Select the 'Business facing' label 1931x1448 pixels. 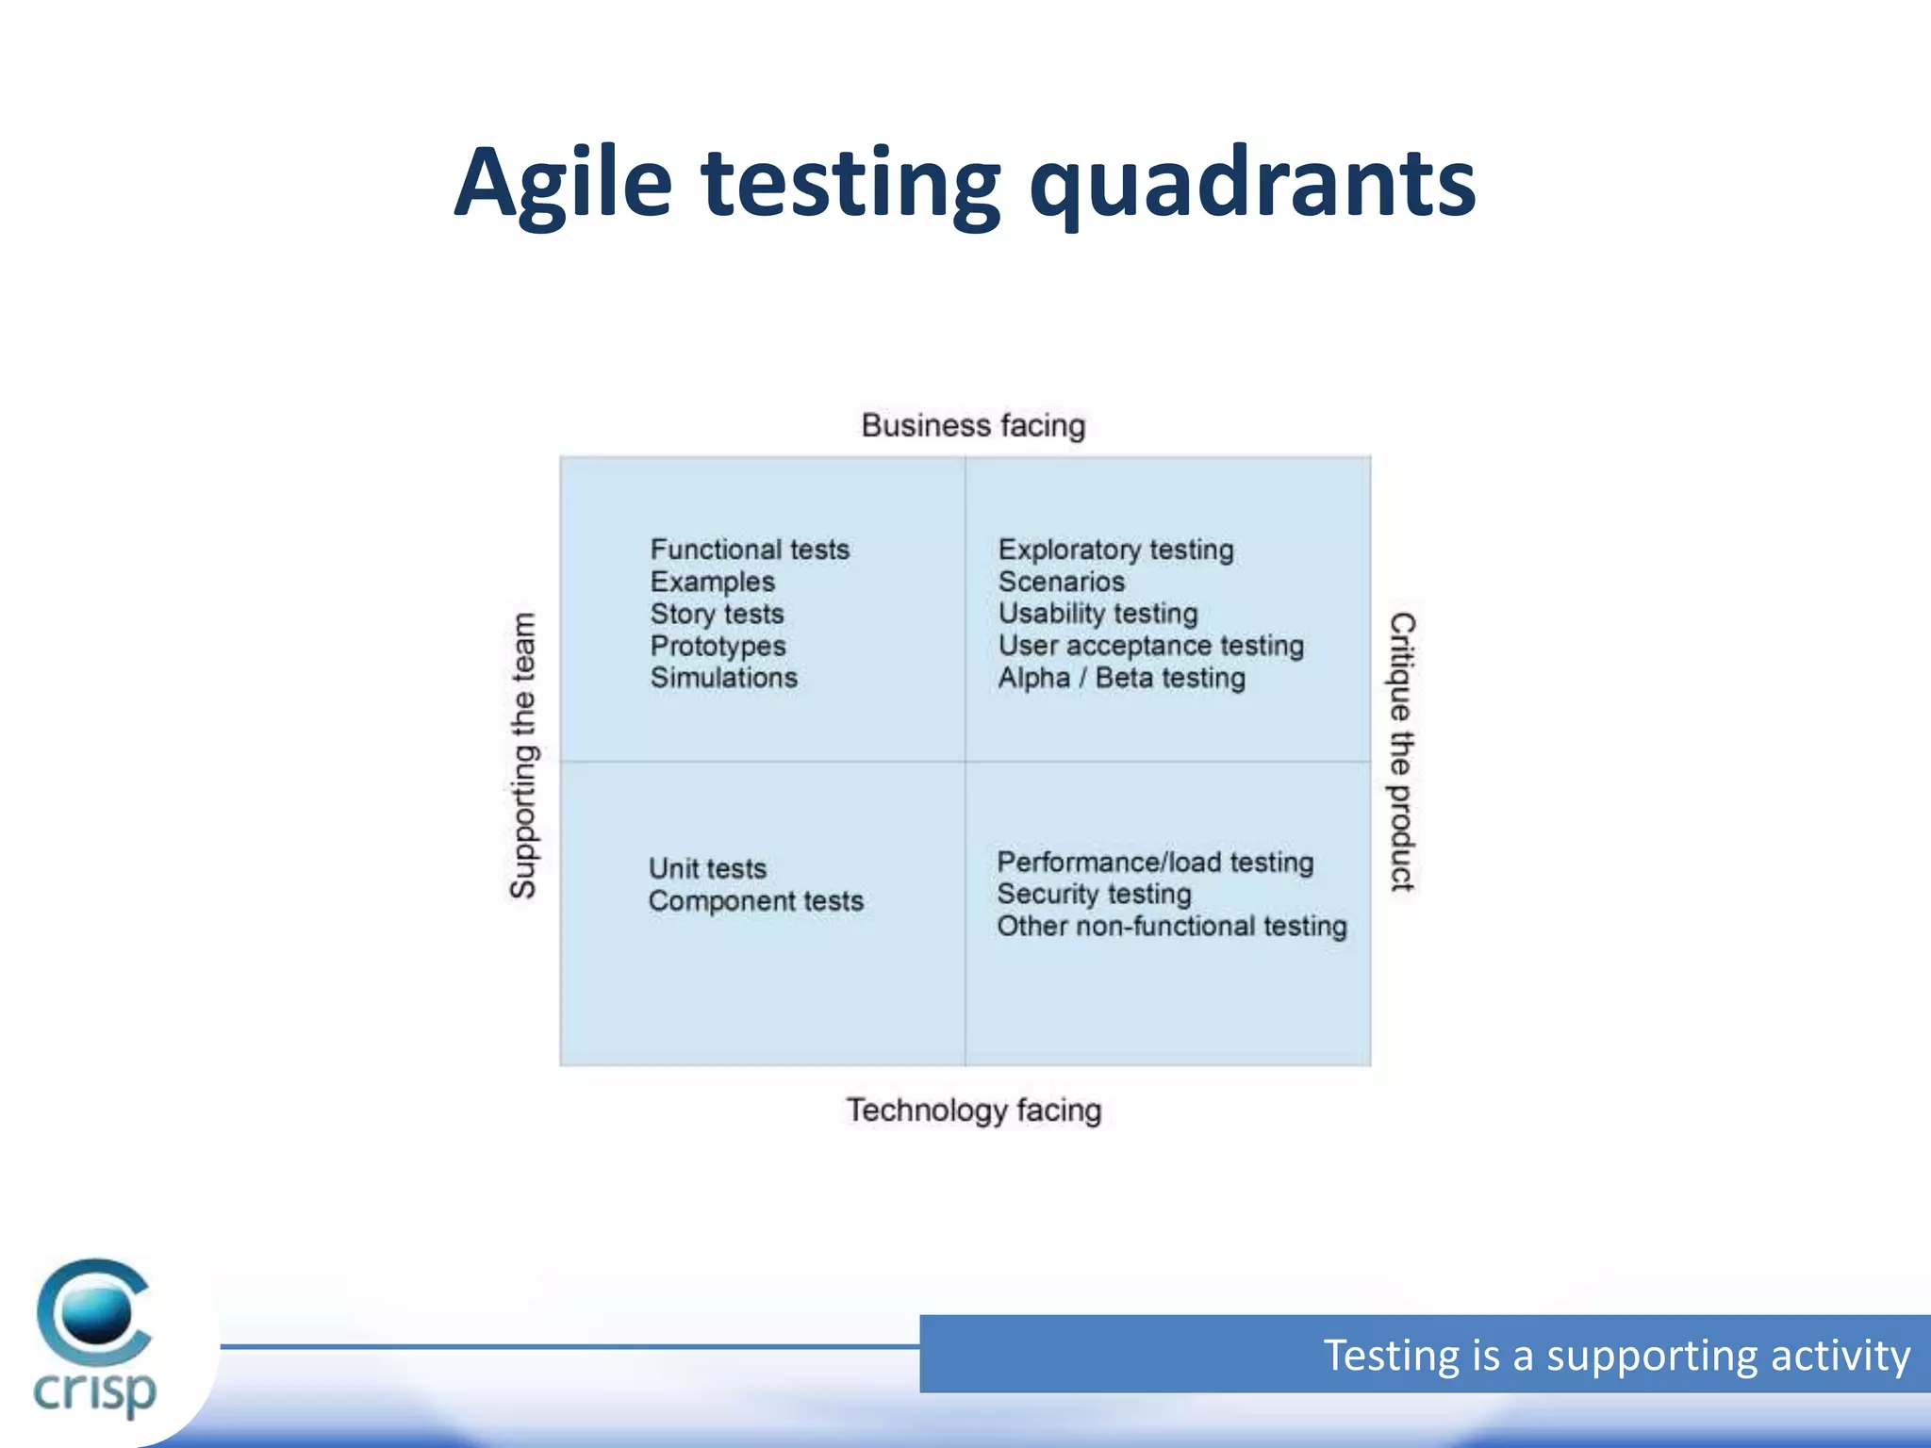973,425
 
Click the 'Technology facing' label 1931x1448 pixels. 973,1110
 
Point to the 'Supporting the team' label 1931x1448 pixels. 523,755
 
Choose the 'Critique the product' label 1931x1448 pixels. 1402,751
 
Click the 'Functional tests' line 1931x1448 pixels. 750,550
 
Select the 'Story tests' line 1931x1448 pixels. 717,614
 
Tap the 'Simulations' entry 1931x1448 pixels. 723,678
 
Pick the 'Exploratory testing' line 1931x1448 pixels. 1115,550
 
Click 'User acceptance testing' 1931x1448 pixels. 1150,646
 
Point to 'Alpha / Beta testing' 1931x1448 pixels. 1121,678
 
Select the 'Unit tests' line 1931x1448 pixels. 707,868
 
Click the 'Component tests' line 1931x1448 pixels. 755,900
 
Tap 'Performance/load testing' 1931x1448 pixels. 1155,862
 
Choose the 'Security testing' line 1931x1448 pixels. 1094,894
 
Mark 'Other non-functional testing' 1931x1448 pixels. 1171,926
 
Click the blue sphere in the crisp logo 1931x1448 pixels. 96,1314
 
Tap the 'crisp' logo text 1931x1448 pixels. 94,1391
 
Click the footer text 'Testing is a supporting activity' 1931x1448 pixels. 1616,1355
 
